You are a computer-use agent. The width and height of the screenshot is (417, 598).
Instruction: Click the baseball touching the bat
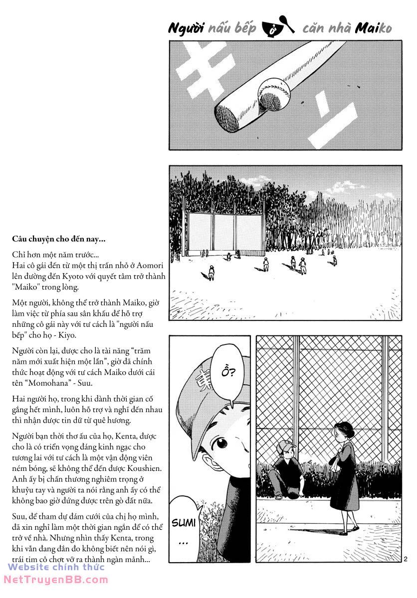pyautogui.click(x=273, y=93)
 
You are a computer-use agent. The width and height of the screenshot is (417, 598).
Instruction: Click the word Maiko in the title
pyautogui.click(x=373, y=29)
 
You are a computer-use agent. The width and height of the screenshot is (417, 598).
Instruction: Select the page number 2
pyautogui.click(x=406, y=559)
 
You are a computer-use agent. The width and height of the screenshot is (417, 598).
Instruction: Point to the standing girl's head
pyautogui.click(x=344, y=432)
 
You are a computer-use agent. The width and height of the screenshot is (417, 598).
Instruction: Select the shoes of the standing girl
pyautogui.click(x=349, y=529)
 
